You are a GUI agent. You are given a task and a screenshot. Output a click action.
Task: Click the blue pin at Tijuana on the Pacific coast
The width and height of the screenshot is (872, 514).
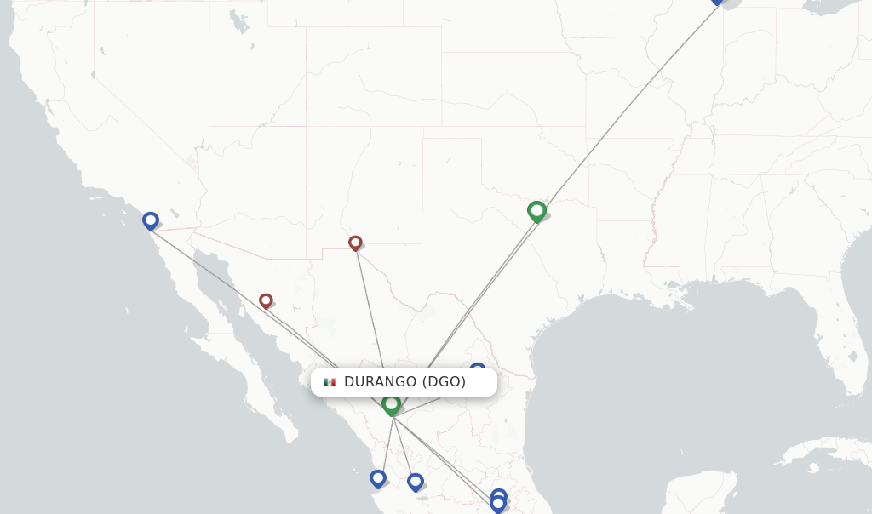point(151,220)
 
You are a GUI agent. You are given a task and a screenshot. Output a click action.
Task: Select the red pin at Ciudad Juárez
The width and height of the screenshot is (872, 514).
point(355,243)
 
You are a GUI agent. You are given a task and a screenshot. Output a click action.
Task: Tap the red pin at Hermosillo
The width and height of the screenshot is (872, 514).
point(266,300)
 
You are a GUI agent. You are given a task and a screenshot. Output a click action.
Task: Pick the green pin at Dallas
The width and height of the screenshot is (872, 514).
point(536,210)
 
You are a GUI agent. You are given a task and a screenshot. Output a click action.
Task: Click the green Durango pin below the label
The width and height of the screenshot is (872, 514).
point(392,403)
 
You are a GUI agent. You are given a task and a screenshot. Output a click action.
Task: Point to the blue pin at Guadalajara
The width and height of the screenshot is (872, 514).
point(416,482)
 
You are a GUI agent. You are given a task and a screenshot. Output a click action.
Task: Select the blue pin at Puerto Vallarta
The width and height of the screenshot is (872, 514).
point(378,478)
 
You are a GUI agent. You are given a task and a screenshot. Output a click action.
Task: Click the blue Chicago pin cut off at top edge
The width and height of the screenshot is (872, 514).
point(717,1)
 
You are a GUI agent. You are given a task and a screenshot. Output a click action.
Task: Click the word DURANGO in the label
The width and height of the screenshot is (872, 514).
point(380,382)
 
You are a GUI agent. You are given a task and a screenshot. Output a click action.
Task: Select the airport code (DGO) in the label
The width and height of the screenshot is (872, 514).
point(444,382)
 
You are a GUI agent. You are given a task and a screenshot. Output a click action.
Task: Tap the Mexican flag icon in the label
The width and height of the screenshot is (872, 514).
point(330,382)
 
